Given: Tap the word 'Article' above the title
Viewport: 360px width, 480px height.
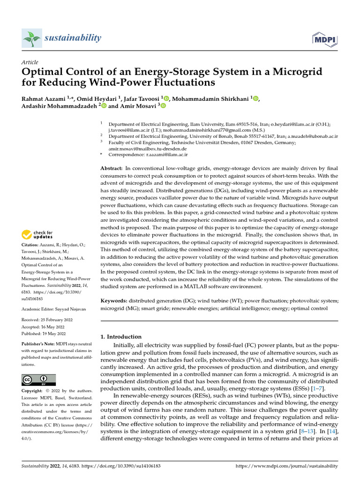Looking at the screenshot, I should [30, 62].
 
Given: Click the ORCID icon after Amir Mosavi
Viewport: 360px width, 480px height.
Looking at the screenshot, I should [163, 106].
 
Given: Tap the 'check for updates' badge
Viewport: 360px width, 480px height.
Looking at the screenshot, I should [38, 234].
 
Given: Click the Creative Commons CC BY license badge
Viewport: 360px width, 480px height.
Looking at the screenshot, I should [39, 380].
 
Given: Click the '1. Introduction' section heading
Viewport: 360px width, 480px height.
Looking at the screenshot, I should [121, 337].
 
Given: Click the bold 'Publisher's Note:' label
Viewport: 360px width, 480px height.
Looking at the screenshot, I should [40, 344].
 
